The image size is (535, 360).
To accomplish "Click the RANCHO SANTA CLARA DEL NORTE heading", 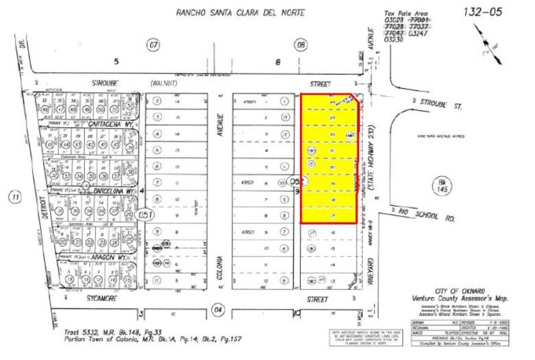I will (229, 13).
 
